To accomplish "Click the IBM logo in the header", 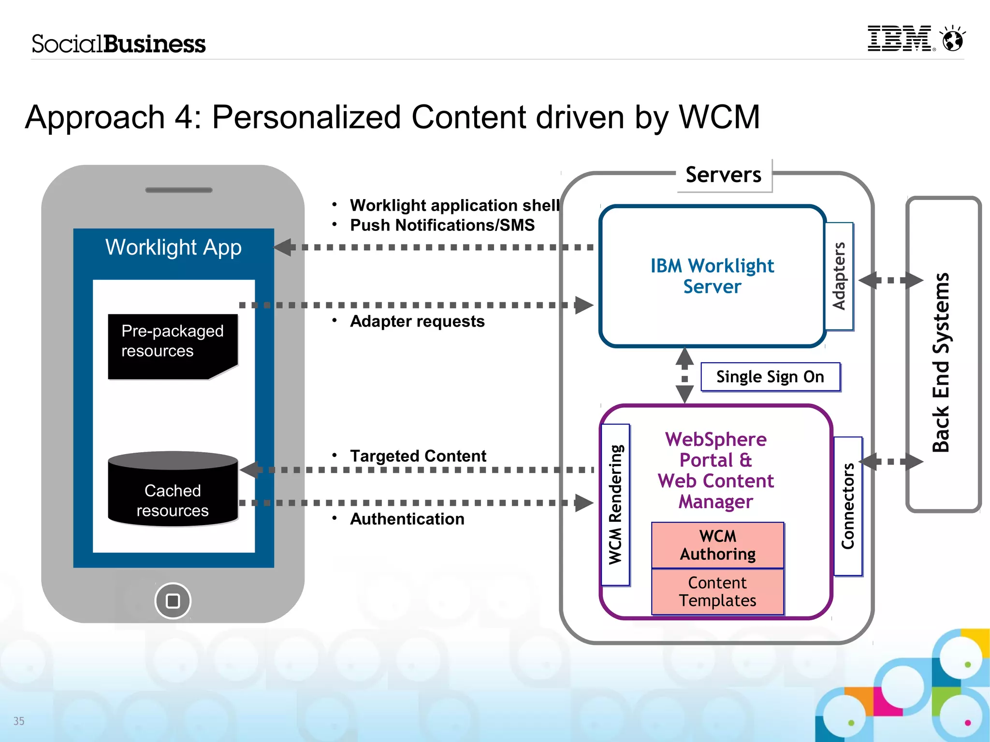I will pos(899,39).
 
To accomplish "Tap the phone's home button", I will pos(173,601).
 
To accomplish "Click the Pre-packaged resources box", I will pos(173,346).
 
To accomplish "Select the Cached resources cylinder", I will pos(173,489).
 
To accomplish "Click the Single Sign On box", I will pos(770,377).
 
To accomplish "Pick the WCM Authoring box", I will pos(717,545).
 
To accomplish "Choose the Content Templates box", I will pos(717,592).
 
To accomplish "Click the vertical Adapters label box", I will pos(839,276).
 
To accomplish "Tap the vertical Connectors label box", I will pos(848,506).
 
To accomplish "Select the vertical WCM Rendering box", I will pos(615,504).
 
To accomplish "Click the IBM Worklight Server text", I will pos(712,276).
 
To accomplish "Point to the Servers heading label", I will pos(723,175).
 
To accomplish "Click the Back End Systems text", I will pos(941,362).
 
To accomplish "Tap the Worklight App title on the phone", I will pos(173,247).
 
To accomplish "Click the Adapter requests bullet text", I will pos(417,322).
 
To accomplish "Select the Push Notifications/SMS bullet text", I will pos(442,225).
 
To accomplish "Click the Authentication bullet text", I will pos(407,519).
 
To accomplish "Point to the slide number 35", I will pos(19,721).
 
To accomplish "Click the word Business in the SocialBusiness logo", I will pos(155,44).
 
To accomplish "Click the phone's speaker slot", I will pos(179,190).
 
